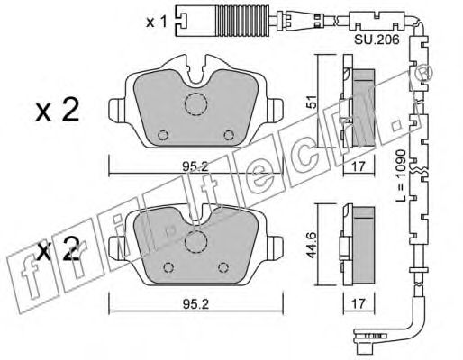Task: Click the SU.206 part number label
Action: (377, 40)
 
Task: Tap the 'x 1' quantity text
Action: (156, 22)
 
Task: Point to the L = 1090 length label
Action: (401, 175)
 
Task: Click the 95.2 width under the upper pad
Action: (195, 166)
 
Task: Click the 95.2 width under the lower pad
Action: (195, 304)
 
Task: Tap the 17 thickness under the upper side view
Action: (359, 166)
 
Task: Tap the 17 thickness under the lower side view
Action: (359, 303)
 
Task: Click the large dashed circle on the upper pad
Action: (195, 104)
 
